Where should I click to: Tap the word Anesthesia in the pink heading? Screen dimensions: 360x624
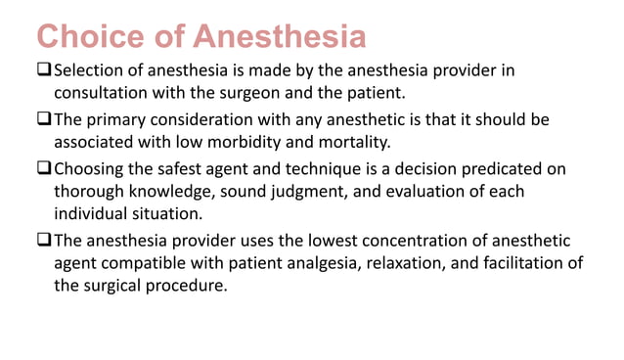pyautogui.click(x=280, y=37)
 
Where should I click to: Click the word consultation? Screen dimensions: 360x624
pyautogui.click(x=106, y=94)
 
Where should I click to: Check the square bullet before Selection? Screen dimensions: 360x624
pyautogui.click(x=44, y=70)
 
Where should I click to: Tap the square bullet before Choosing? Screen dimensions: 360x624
pyautogui.click(x=44, y=168)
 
